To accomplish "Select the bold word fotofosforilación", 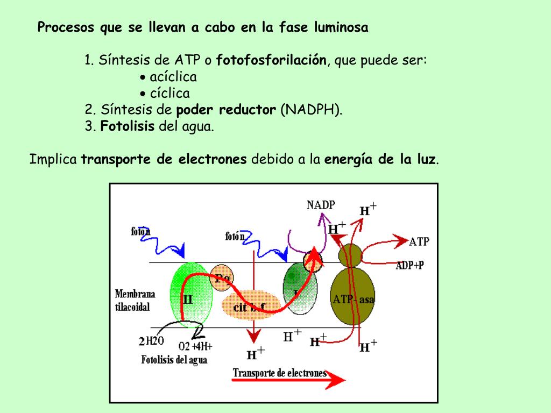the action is (271, 60).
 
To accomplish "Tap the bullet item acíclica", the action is (173, 76).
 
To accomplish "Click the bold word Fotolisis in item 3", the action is (128, 127).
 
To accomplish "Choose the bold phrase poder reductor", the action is (226, 110).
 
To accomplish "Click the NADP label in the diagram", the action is (321, 204).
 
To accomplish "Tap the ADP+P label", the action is (410, 265).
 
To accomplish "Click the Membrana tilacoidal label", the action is (135, 301).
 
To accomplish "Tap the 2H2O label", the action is (151, 341).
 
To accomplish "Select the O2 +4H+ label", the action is (195, 346).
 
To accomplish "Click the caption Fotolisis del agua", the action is (174, 360).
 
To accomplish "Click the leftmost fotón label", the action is (140, 231).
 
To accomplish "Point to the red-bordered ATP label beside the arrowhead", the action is (419, 241).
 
